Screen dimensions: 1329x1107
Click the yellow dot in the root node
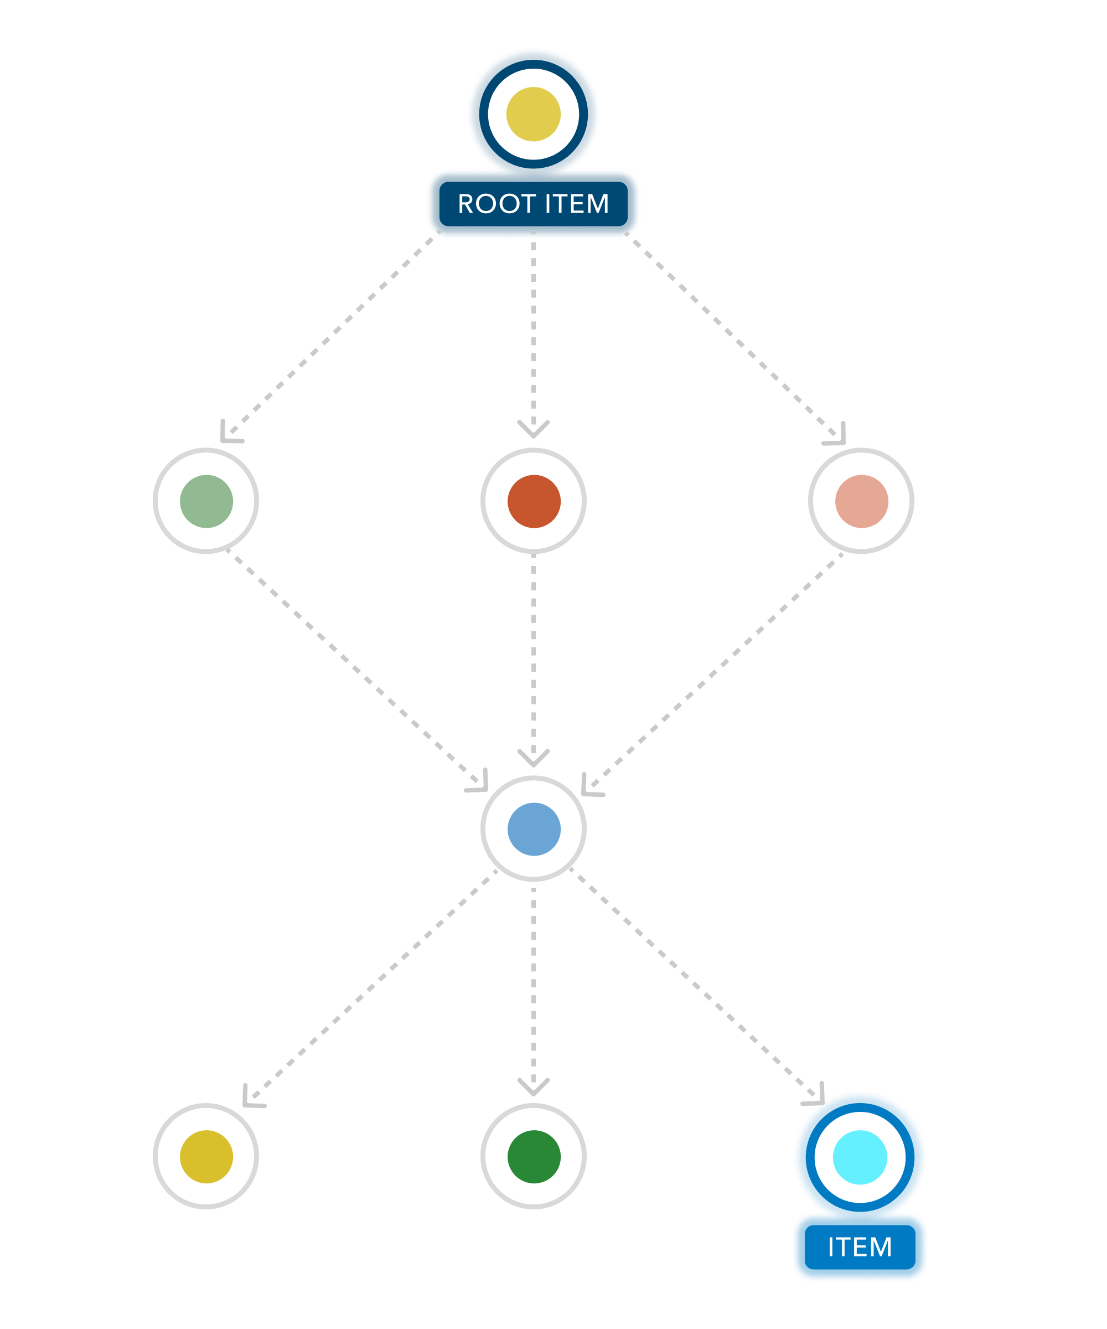[x=533, y=114]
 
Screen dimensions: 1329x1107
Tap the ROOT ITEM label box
[x=533, y=204]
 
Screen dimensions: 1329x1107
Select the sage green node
[x=206, y=501]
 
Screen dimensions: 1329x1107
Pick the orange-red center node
[x=533, y=501]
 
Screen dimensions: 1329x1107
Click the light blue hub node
[x=533, y=829]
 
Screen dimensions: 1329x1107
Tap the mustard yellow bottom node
[x=206, y=1157]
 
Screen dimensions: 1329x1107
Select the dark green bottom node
[x=533, y=1157]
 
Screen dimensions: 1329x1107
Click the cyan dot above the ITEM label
[x=860, y=1157]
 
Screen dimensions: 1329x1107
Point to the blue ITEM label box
[x=860, y=1246]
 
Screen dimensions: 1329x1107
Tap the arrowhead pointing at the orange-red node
[x=533, y=430]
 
